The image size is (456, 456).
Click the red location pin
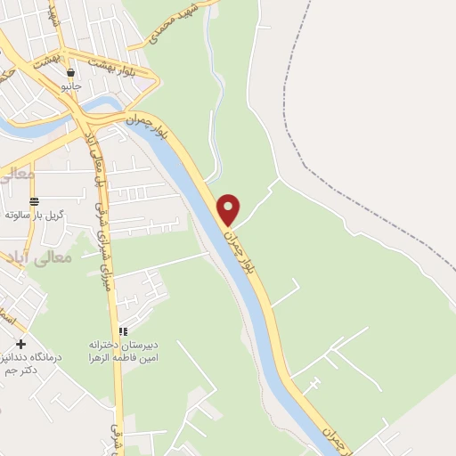229,208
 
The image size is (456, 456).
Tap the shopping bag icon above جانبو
70,73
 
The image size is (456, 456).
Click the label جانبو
70,86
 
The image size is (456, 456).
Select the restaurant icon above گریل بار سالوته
34,201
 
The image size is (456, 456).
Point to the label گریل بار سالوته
30,215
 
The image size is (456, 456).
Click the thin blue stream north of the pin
211,98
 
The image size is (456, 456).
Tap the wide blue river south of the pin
258,312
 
